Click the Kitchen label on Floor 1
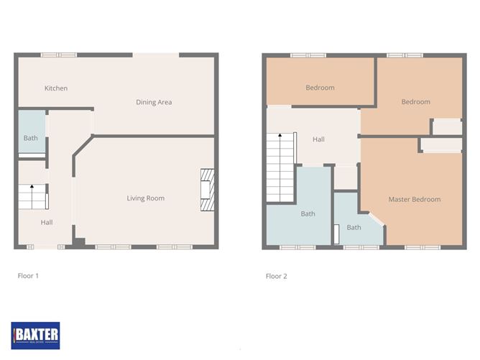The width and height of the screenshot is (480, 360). (x=56, y=88)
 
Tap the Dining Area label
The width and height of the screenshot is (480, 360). (x=154, y=102)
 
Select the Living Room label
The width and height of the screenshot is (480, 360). (x=145, y=198)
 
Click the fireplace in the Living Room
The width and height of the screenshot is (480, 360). (x=207, y=190)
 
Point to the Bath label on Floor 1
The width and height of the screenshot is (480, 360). (x=31, y=138)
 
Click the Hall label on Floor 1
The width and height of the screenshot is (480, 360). (x=47, y=222)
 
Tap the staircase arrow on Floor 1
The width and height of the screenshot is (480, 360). (x=32, y=197)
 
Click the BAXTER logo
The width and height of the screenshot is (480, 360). (x=35, y=336)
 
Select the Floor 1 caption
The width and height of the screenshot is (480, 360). (x=28, y=276)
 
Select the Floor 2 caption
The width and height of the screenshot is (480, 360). (x=277, y=276)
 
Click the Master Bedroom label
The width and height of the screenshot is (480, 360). (x=415, y=199)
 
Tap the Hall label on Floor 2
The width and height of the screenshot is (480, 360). (x=318, y=139)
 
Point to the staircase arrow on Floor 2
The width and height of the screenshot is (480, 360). (x=280, y=167)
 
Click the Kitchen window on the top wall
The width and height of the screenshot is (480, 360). (x=59, y=55)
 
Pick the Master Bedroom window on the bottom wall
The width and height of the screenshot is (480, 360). (x=423, y=247)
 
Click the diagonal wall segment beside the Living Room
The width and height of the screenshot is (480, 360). (x=83, y=145)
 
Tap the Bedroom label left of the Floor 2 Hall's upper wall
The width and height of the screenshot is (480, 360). (x=320, y=88)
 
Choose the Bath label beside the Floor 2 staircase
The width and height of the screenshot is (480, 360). (x=308, y=213)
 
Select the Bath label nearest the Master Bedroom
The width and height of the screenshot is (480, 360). (x=354, y=228)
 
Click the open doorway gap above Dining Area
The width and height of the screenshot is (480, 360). (x=156, y=55)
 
